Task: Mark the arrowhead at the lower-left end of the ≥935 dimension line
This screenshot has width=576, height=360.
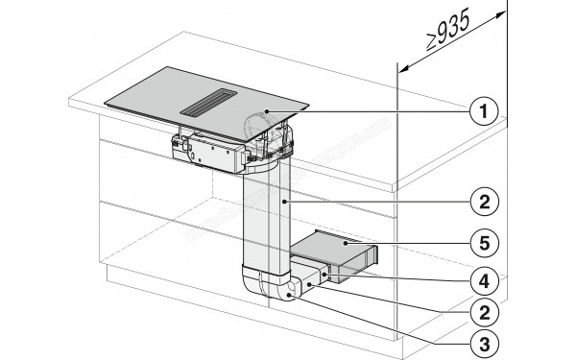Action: tap(400, 70)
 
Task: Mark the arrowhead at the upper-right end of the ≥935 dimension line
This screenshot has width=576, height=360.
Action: tap(502, 12)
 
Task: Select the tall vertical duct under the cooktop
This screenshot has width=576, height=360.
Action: tap(267, 221)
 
